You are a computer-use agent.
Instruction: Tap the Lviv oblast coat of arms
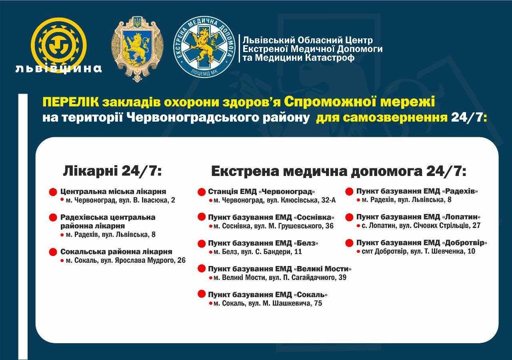(137, 49)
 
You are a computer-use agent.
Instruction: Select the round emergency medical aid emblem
(204, 47)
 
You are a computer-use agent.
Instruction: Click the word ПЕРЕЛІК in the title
(71, 102)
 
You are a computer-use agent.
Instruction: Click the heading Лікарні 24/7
(112, 171)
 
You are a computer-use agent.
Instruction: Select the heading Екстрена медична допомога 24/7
(339, 172)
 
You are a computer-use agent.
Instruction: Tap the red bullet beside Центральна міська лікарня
(53, 192)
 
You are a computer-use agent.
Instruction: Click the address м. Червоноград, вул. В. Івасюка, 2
(120, 200)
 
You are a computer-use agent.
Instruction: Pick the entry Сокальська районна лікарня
(116, 252)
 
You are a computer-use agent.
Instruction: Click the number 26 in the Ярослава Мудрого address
(181, 260)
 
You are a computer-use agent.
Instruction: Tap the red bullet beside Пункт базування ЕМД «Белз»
(202, 243)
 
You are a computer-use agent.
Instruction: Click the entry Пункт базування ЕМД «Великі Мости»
(280, 269)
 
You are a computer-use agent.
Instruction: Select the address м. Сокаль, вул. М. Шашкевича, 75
(268, 303)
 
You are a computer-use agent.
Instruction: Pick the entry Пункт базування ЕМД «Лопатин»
(418, 217)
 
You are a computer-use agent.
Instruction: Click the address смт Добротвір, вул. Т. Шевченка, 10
(418, 252)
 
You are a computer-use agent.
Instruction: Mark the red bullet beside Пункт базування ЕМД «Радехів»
(349, 192)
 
